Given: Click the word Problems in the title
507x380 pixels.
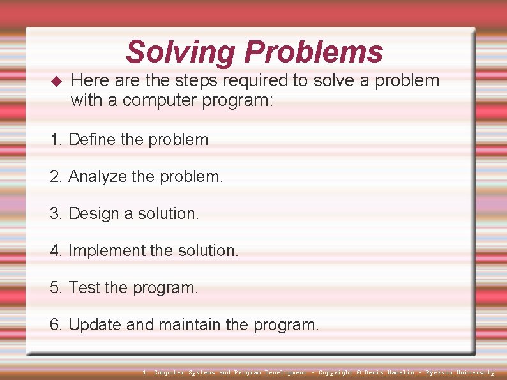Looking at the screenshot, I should coord(314,52).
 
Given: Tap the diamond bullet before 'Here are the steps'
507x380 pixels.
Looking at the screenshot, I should coord(55,81).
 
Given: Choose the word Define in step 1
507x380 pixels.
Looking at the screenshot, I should coord(88,139).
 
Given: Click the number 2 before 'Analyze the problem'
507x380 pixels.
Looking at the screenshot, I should coord(55,176).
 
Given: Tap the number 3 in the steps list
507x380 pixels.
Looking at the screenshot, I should coord(55,213).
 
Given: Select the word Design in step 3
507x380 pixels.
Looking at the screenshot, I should coord(90,213).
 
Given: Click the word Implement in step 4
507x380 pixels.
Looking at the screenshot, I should coord(107,250).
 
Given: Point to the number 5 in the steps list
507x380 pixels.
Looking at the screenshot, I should coord(55,287).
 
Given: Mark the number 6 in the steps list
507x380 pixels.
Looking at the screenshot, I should coord(55,324).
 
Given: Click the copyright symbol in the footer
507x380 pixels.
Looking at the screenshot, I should coord(358,372).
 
